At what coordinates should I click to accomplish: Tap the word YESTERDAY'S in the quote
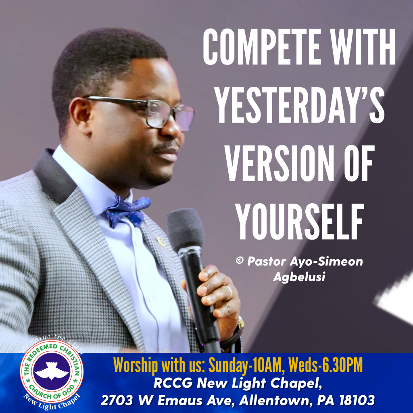pyautogui.click(x=299, y=105)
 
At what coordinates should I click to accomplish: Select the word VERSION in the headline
pyautogui.click(x=280, y=163)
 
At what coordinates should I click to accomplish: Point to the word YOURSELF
pyautogui.click(x=300, y=221)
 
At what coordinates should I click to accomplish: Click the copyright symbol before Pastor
pyautogui.click(x=240, y=261)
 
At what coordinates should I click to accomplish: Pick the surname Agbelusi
pyautogui.click(x=299, y=277)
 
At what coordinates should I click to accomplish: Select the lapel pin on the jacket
pyautogui.click(x=161, y=242)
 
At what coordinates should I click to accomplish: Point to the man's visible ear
pyautogui.click(x=81, y=115)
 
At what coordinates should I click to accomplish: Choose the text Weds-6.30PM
pyautogui.click(x=325, y=365)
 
